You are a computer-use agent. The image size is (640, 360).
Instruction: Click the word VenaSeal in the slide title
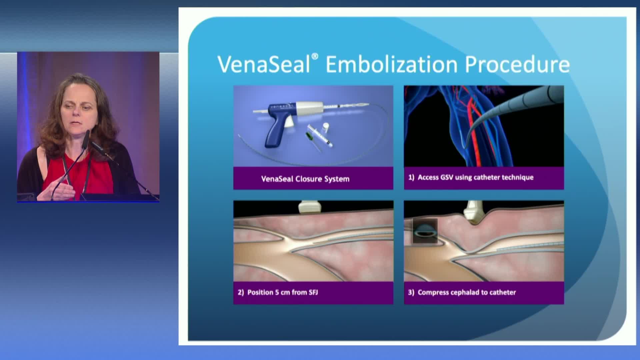point(264,64)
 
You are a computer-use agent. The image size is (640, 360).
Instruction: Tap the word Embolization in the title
point(392,64)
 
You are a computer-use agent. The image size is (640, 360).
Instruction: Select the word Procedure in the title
point(517,65)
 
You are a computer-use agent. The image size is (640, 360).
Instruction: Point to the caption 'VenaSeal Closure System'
point(305,179)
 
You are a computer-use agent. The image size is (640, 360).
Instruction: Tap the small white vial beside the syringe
point(326,128)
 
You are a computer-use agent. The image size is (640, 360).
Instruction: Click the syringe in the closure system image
point(320,136)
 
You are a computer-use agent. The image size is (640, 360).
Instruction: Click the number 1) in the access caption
point(411,177)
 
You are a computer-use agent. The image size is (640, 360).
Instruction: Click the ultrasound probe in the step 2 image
point(309,207)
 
